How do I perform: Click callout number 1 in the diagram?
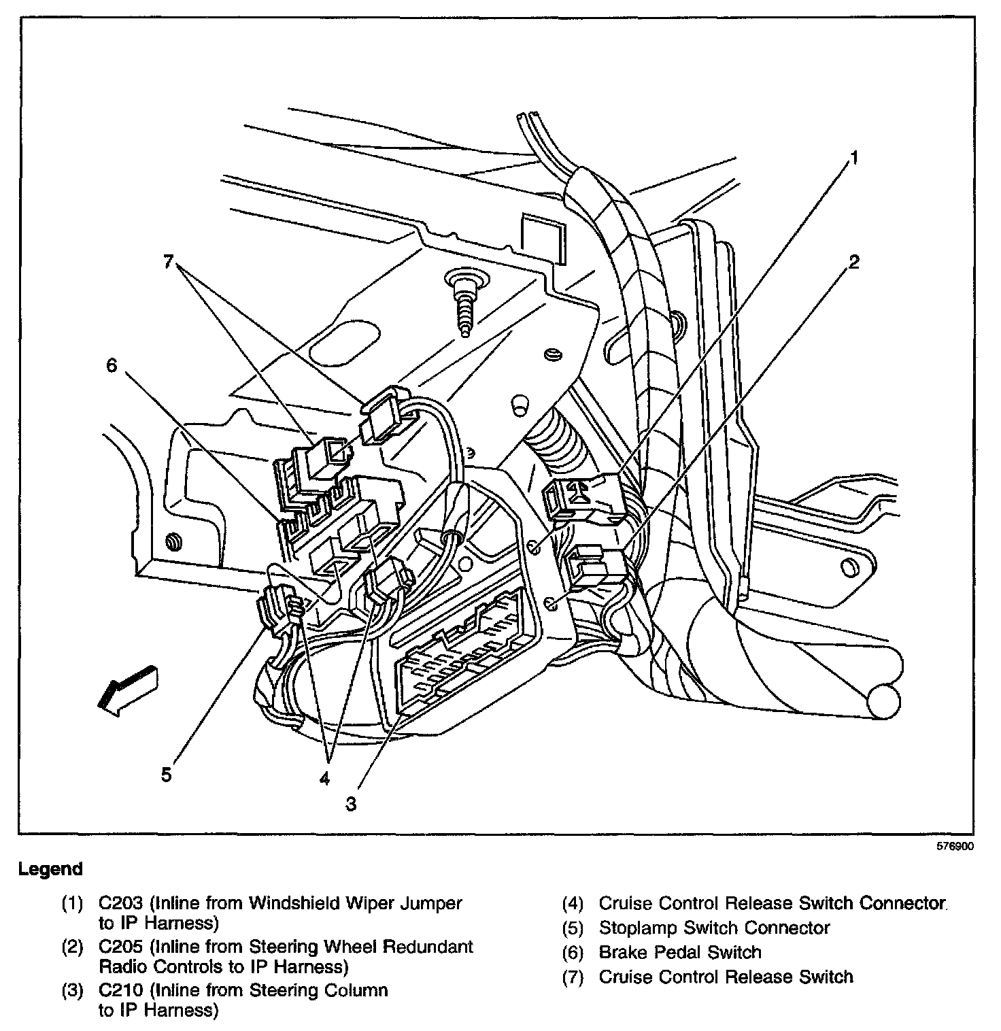point(853,158)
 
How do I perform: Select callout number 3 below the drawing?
point(350,804)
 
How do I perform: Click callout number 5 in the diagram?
point(166,775)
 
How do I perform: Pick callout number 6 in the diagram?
point(112,366)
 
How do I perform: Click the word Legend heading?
point(50,869)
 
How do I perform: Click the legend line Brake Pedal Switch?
point(679,952)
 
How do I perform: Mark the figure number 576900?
point(955,847)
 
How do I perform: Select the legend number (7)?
point(573,977)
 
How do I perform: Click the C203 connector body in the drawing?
point(585,500)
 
